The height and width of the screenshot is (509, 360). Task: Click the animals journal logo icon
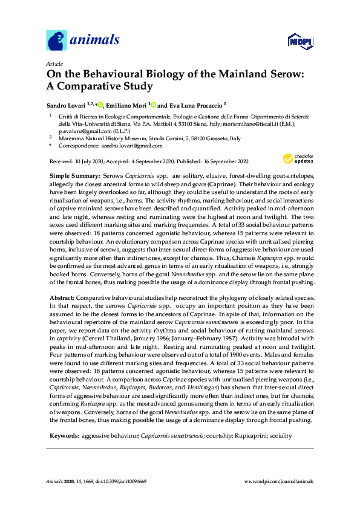coord(56,40)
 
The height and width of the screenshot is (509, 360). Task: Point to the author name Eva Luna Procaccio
coord(195,104)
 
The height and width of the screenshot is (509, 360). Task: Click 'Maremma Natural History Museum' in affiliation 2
coord(100,138)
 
